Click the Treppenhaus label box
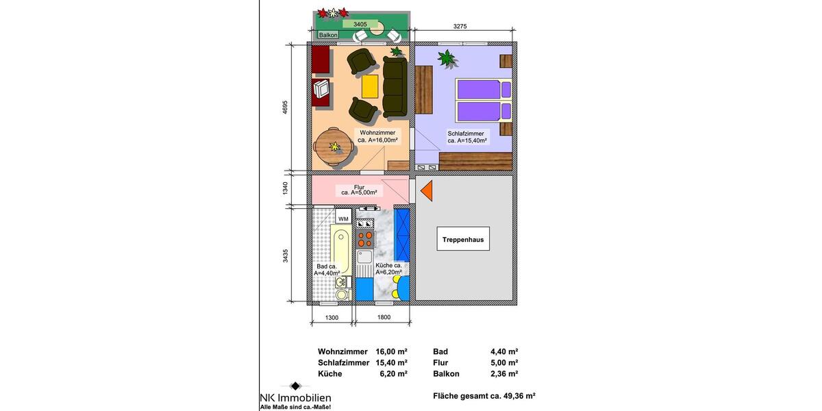coord(463,240)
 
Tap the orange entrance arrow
coord(426,191)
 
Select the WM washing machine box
coord(343,219)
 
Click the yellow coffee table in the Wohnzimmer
coord(370,86)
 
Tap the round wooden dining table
coord(334,147)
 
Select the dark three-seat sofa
coord(394,86)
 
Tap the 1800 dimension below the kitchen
coord(384,317)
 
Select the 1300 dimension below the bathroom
coord(332,317)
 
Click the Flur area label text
coord(359,190)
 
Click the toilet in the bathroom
coord(340,292)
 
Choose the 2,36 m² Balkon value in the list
coord(504,374)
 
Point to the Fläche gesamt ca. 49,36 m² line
coord(484,396)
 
